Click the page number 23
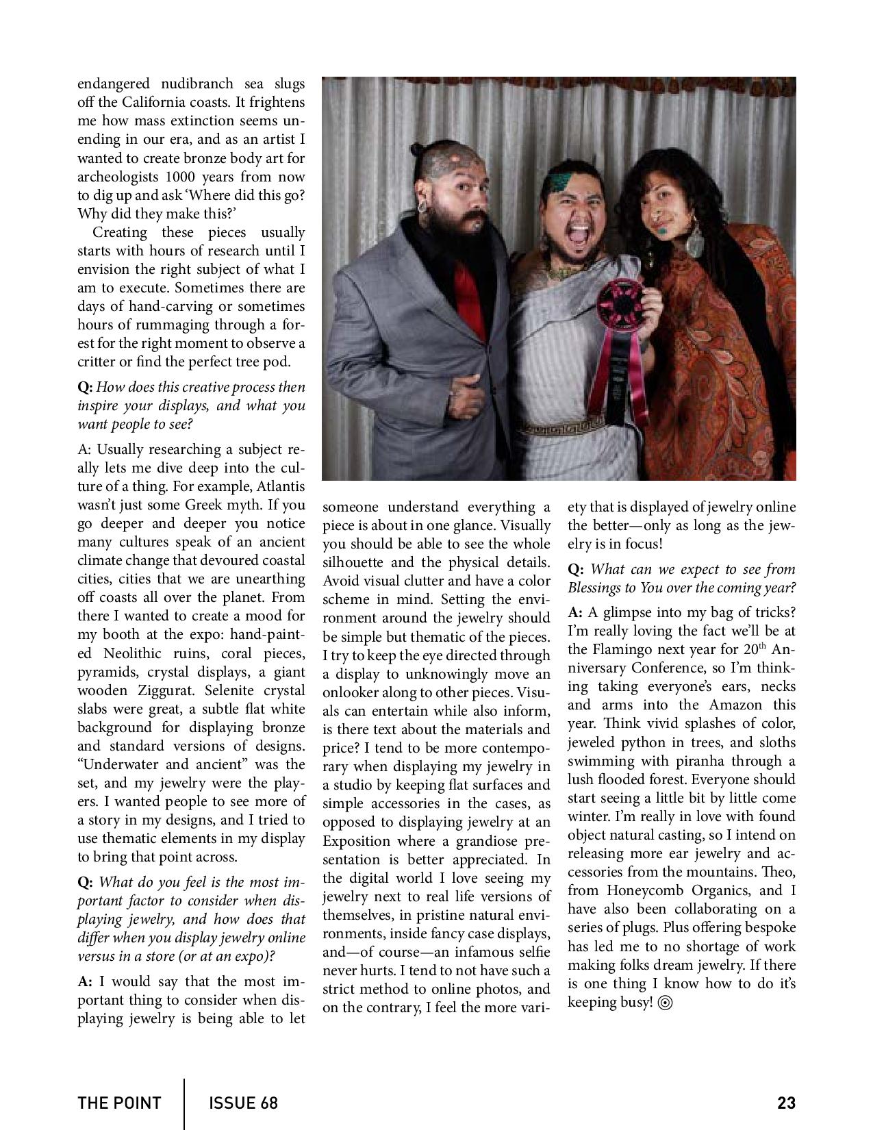[x=786, y=1103]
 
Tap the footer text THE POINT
[x=119, y=1103]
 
